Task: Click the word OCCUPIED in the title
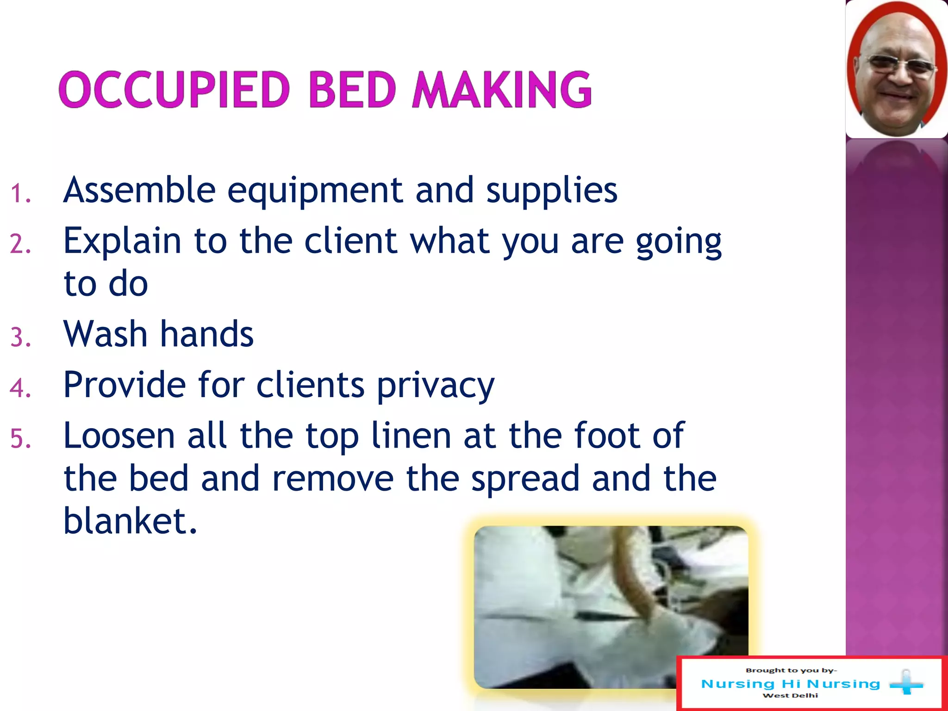[175, 90]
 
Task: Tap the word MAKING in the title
[502, 90]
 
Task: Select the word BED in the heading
[352, 90]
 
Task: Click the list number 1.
[20, 193]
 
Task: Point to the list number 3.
[20, 337]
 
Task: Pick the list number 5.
[20, 439]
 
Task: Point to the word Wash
[106, 334]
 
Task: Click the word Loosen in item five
[119, 436]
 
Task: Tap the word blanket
[130, 521]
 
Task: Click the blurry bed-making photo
[611, 607]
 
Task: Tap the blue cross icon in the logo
[906, 683]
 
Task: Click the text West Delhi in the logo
[790, 696]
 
